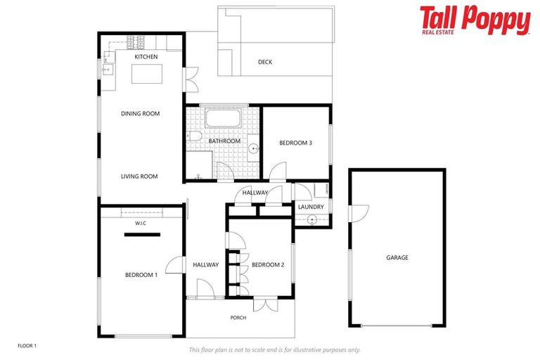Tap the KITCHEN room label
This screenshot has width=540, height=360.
(146, 57)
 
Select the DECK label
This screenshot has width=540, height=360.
(265, 62)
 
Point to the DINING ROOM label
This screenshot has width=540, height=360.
(141, 113)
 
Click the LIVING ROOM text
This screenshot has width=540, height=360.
(139, 176)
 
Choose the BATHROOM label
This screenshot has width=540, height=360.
(224, 141)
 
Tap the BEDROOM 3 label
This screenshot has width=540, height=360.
(295, 143)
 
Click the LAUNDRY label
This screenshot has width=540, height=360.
(311, 207)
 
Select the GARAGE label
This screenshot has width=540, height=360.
(397, 257)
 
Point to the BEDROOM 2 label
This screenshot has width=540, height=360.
(268, 265)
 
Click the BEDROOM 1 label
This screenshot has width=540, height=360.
(141, 275)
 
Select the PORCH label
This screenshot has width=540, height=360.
(238, 318)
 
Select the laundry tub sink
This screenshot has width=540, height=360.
(312, 219)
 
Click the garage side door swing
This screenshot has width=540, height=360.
(359, 211)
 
